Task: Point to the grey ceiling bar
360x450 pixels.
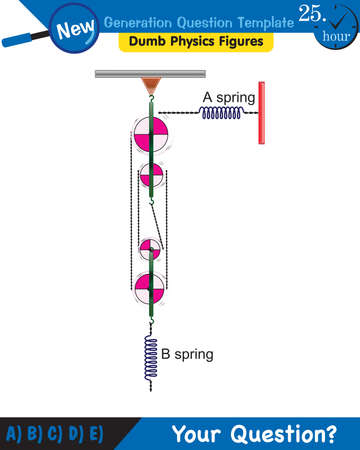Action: point(151,74)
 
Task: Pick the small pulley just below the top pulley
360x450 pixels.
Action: point(152,178)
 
